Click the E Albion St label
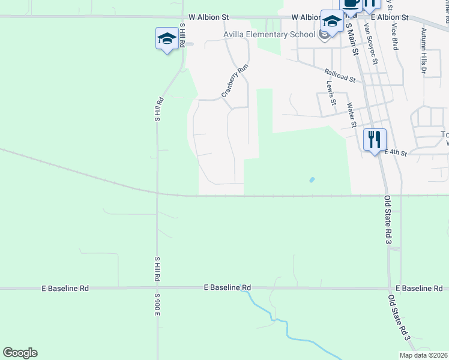click(389, 18)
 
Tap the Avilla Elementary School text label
click(269, 34)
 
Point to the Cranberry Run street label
click(235, 81)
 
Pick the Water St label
click(352, 115)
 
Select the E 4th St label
click(396, 154)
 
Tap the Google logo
click(20, 353)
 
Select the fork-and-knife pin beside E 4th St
click(375, 140)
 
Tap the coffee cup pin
click(351, 4)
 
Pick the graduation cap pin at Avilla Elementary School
click(331, 22)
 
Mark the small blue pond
click(311, 179)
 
